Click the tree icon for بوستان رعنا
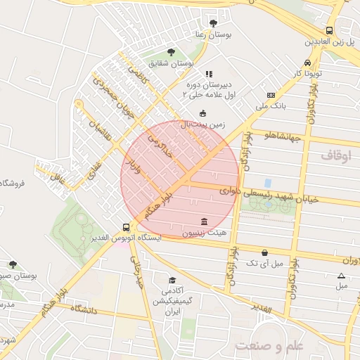(213, 23)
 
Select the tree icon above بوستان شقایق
(172, 51)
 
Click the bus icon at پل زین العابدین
(329, 30)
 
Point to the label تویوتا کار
(307, 72)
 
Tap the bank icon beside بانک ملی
(271, 95)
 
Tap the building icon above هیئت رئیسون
(204, 221)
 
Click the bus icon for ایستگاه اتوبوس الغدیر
(126, 227)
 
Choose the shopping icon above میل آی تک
(264, 252)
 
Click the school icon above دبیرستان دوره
(208, 73)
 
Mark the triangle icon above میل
(341, 276)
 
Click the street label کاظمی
(134, 72)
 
